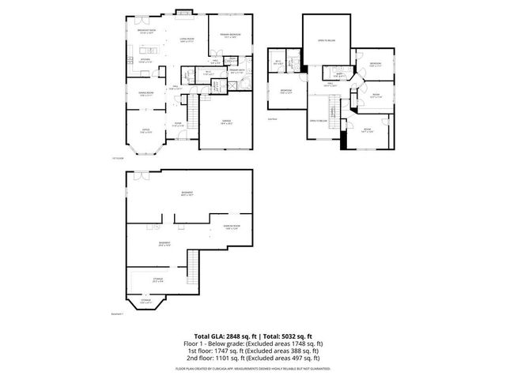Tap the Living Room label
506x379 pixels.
pyautogui.click(x=187, y=39)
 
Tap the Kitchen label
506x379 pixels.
pyautogui.click(x=145, y=60)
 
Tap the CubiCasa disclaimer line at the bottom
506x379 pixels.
pyautogui.click(x=253, y=368)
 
